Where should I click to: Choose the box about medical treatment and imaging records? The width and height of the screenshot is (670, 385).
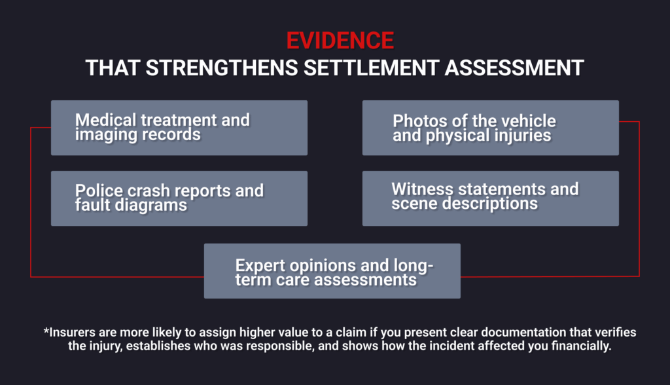(179, 128)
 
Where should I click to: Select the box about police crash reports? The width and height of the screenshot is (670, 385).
(179, 198)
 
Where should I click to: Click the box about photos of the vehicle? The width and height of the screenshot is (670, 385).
(490, 128)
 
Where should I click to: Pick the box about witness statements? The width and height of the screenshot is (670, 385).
(490, 198)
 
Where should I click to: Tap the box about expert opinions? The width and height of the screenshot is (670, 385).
(332, 271)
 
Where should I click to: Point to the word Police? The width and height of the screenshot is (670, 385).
(96, 191)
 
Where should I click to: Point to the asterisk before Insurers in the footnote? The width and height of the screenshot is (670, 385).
(46, 331)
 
